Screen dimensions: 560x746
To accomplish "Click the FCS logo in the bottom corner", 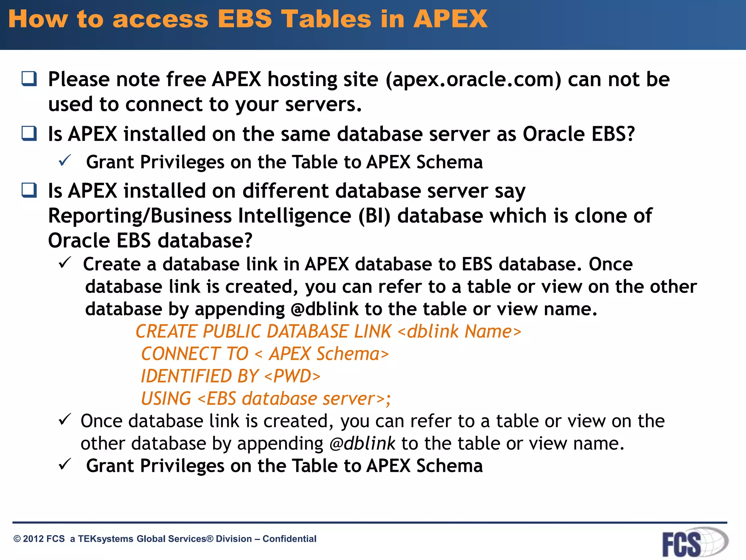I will pyautogui.click(x=694, y=542).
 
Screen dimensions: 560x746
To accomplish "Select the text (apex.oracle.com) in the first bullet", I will pyautogui.click(x=473, y=80).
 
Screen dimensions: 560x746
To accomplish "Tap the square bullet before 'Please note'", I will pyautogui.click(x=29, y=78).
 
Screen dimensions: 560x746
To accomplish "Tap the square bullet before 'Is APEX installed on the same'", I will pyautogui.click(x=29, y=133).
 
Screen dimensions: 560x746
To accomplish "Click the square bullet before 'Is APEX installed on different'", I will pyautogui.click(x=29, y=190).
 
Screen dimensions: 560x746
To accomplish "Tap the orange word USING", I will pyautogui.click(x=166, y=398).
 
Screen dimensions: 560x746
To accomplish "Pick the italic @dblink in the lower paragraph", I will pyautogui.click(x=362, y=444).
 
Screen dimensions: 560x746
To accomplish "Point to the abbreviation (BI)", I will pyautogui.click(x=374, y=216).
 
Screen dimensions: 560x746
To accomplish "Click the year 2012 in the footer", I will pyautogui.click(x=33, y=539).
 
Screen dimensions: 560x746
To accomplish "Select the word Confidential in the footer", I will pyautogui.click(x=289, y=539).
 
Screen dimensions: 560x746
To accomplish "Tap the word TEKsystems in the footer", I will pyautogui.click(x=105, y=539).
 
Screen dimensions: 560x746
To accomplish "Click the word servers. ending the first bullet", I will pyautogui.click(x=323, y=105).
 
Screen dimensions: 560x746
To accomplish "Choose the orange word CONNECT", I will pyautogui.click(x=180, y=354).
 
